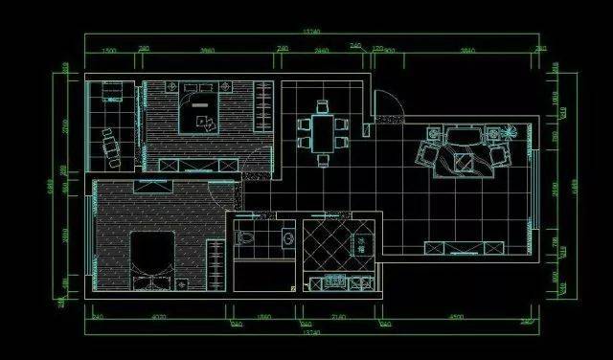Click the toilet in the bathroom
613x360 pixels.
tap(246, 236)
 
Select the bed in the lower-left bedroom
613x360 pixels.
tap(149, 257)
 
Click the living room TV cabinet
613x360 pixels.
tap(465, 249)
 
